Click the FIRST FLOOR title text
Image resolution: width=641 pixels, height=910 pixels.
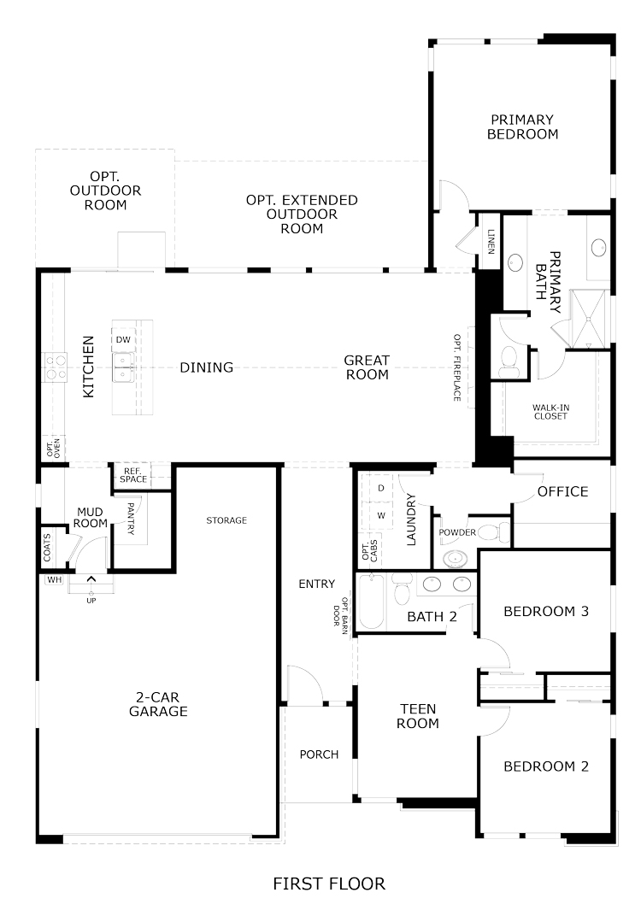pyautogui.click(x=329, y=884)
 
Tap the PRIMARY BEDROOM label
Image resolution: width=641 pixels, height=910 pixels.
pyautogui.click(x=522, y=126)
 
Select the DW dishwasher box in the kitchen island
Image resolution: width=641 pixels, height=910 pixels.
pyautogui.click(x=123, y=339)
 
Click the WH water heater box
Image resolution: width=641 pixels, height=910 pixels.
pyautogui.click(x=55, y=579)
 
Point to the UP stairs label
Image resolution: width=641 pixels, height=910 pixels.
pyautogui.click(x=91, y=601)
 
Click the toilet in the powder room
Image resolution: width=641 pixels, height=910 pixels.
pyautogui.click(x=496, y=531)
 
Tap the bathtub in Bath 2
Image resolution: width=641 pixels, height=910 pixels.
pyautogui.click(x=370, y=602)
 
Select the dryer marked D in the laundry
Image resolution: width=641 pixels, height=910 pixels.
pyautogui.click(x=381, y=488)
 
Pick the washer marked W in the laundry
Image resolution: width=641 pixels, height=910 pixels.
pyautogui.click(x=381, y=515)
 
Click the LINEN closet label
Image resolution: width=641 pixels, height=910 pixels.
pyautogui.click(x=491, y=242)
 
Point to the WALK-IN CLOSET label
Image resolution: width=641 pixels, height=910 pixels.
pyautogui.click(x=550, y=412)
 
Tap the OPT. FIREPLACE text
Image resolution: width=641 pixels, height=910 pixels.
pyautogui.click(x=457, y=367)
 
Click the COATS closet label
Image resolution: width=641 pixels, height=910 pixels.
pyautogui.click(x=48, y=547)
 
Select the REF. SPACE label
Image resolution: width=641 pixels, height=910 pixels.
pyautogui.click(x=133, y=475)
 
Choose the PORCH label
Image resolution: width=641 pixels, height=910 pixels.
pyautogui.click(x=319, y=754)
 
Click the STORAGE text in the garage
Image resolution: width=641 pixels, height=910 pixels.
pyautogui.click(x=226, y=520)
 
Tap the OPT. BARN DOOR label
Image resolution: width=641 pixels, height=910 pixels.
pyautogui.click(x=341, y=614)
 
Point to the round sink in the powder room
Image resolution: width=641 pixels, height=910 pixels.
pyautogui.click(x=456, y=558)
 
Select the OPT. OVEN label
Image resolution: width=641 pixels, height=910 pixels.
pyautogui.click(x=53, y=448)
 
